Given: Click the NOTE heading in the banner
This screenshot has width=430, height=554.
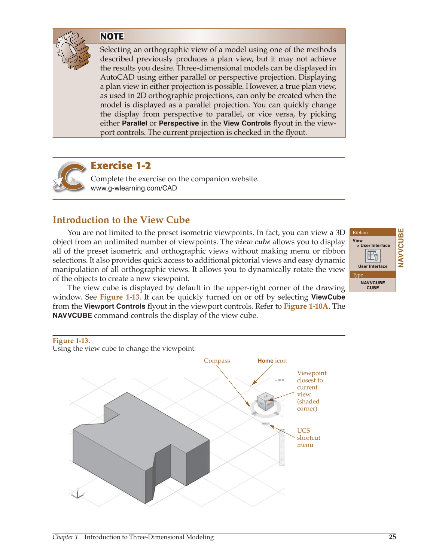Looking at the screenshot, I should pos(112,36).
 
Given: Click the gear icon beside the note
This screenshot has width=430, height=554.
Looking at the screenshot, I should pos(73,51).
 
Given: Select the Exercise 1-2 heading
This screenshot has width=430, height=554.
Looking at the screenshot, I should pos(121,166).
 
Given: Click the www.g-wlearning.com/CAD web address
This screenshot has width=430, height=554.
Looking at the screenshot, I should pos(134,188).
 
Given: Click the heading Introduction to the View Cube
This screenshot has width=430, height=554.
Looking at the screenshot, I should pos(121,220).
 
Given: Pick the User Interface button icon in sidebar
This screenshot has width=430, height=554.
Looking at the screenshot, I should pos(372,256).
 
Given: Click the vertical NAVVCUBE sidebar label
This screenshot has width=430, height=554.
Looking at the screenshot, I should pos(401,248).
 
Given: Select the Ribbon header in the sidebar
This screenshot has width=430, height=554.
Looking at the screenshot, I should pos(360,232).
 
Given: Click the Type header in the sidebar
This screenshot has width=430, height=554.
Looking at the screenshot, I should pos(357,275).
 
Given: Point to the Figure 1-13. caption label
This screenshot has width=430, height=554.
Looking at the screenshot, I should pos(71,340).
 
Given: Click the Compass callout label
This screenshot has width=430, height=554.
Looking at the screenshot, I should pos(217,361).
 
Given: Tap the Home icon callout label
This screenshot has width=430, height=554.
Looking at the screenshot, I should pos(272,361).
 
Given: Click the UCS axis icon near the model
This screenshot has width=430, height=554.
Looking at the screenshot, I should pos(77,494).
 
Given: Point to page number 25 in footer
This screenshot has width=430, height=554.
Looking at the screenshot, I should pos(392,537).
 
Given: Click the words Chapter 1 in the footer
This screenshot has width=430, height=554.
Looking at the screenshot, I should pos(65,537).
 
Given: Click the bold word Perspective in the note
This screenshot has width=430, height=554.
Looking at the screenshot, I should pos(179,123).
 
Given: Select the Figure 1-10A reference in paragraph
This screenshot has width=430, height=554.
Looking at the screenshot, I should pos(306,306).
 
